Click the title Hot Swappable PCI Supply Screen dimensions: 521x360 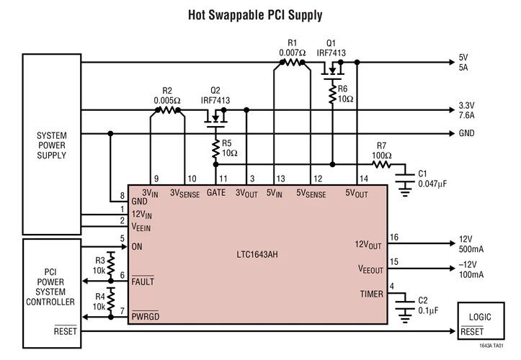tap(255, 15)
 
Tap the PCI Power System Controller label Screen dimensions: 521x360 tap(50, 287)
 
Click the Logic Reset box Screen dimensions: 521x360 tap(481, 321)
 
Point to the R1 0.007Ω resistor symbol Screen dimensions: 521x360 tap(292, 62)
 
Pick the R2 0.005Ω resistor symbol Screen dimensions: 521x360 tap(167, 109)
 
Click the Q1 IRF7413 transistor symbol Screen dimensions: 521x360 tap(332, 70)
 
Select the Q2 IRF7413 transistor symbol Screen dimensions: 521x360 tap(215, 118)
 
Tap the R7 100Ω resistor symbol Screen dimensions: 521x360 tap(381, 164)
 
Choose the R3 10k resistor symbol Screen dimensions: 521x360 tap(111, 263)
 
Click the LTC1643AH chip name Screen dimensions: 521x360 tap(257, 255)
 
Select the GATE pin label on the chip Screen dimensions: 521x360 tap(216, 193)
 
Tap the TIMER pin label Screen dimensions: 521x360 tap(372, 294)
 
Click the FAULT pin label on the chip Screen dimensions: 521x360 tap(143, 281)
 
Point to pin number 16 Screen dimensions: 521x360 tap(394, 237)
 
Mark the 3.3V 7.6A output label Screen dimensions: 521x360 tap(466, 110)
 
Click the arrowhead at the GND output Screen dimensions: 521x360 tap(452, 133)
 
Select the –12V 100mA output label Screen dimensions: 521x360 tap(471, 269)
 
